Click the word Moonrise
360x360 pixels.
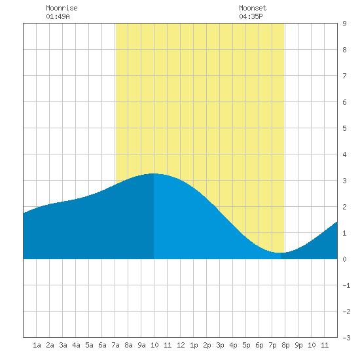click(x=62, y=8)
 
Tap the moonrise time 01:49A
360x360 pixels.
click(x=58, y=16)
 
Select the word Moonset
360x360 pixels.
click(x=253, y=8)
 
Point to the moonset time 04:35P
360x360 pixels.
click(x=251, y=16)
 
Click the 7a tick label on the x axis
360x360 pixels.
click(x=115, y=345)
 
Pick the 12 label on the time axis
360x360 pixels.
click(x=181, y=345)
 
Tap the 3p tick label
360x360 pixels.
click(x=220, y=345)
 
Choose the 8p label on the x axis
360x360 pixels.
click(x=285, y=345)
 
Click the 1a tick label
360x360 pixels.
click(x=37, y=345)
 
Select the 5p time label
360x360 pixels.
click(x=246, y=345)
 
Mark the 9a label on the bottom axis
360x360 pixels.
click(x=141, y=345)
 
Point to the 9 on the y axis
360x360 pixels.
click(x=344, y=24)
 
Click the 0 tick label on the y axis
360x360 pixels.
click(x=344, y=259)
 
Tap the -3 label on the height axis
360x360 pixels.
click(x=346, y=338)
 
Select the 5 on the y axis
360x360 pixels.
click(x=344, y=128)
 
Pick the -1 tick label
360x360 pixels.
click(x=346, y=285)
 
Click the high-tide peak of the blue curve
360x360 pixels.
click(x=154, y=173)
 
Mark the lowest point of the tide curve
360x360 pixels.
click(x=281, y=253)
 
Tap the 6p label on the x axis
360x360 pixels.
click(x=259, y=345)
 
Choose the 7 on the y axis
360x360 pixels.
click(x=344, y=76)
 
